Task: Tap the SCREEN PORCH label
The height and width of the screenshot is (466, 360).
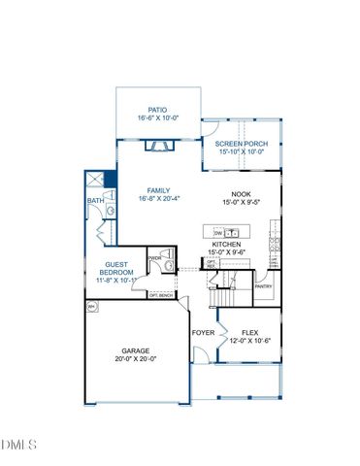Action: point(242,144)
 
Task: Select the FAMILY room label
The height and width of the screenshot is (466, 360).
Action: point(158,190)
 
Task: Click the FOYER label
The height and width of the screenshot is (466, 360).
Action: point(203,333)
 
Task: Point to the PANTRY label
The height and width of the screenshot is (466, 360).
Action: point(262,286)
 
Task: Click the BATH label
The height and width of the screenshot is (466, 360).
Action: point(94,201)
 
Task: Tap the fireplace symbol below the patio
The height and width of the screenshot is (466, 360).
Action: point(156,147)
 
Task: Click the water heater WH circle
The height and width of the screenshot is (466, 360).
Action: point(92,307)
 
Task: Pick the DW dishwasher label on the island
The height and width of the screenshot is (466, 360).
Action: point(217,233)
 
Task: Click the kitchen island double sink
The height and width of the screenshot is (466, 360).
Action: point(234,233)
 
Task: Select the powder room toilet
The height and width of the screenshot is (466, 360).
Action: point(167,262)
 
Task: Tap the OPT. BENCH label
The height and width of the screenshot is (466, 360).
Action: point(160,294)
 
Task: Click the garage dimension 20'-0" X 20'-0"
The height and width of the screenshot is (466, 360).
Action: point(139,358)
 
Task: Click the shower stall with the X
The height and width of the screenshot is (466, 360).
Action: point(94,180)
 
